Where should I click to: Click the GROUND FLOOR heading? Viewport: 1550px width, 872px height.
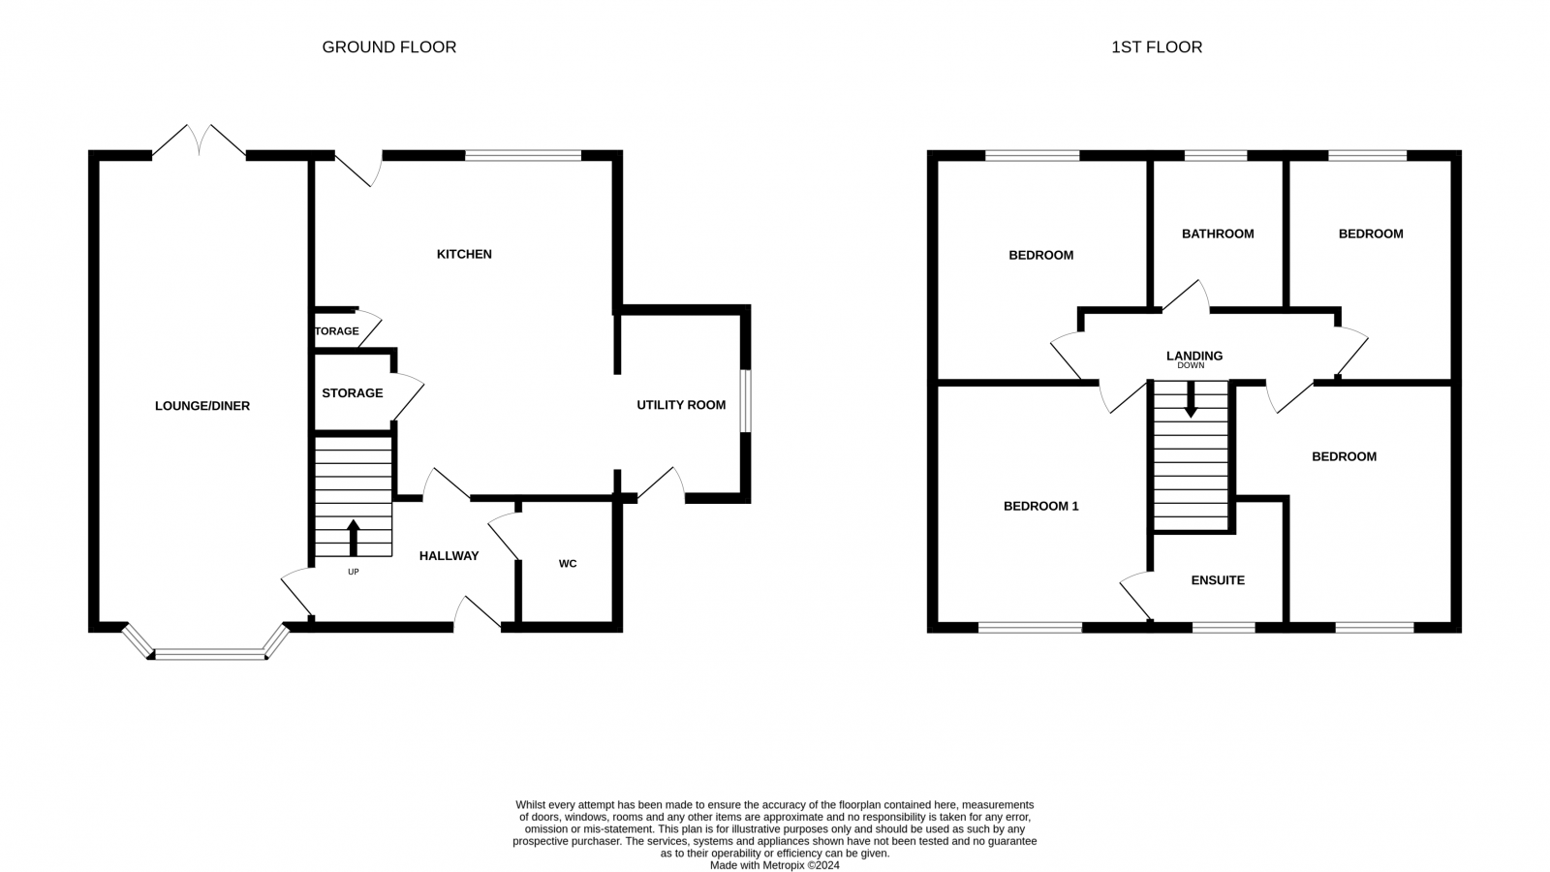[x=388, y=47]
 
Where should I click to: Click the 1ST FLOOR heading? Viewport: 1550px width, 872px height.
[x=1156, y=47]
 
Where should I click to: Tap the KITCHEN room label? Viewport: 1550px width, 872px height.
[x=464, y=254]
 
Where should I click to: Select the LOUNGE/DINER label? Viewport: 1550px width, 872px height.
[x=202, y=406]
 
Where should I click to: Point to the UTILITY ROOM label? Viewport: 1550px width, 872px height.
[x=681, y=405]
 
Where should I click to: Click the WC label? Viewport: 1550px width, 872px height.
[x=568, y=563]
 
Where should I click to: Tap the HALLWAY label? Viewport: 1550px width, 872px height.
[x=449, y=555]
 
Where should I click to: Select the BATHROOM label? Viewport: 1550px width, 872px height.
[x=1218, y=234]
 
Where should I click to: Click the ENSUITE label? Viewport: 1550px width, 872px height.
[x=1218, y=580]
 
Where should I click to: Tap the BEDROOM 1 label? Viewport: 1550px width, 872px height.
[x=1040, y=506]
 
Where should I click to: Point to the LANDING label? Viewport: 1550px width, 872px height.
[x=1193, y=356]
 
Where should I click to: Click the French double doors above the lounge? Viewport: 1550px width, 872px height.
[x=199, y=141]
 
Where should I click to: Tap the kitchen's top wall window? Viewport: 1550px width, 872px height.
[x=523, y=155]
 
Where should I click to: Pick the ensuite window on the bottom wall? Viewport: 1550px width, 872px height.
[x=1223, y=628]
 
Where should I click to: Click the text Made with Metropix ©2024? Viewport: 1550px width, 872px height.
[x=774, y=865]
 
